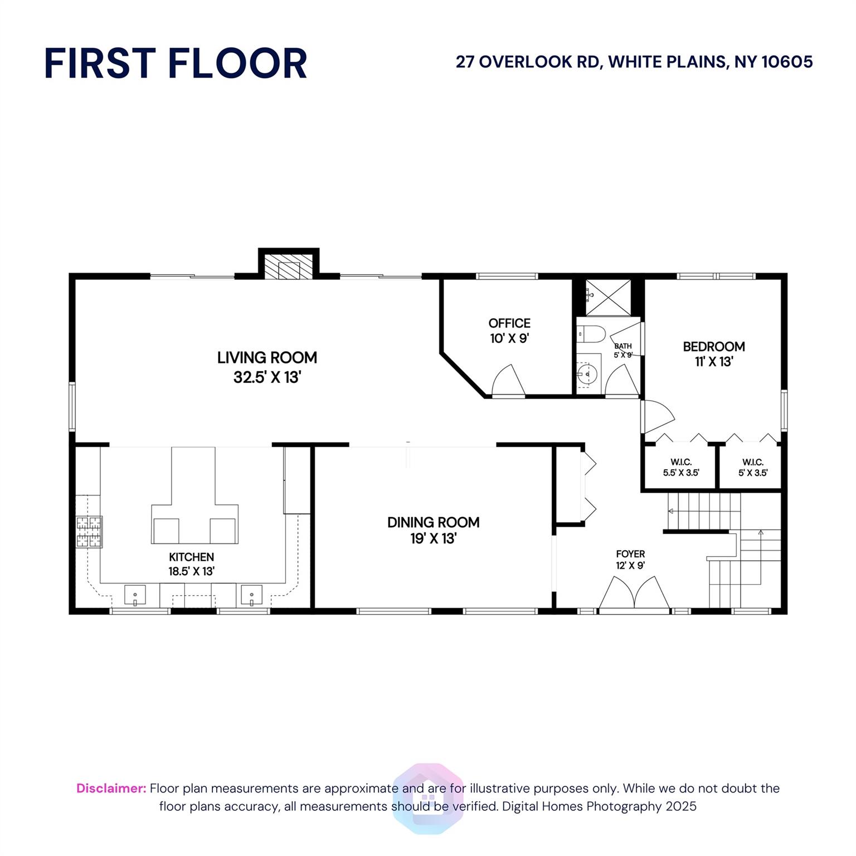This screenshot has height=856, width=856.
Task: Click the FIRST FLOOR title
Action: pyautogui.click(x=176, y=63)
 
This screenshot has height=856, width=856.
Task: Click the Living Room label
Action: pyautogui.click(x=267, y=367)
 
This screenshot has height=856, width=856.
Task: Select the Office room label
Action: pyautogui.click(x=509, y=330)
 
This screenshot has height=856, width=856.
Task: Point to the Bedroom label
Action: pyautogui.click(x=714, y=354)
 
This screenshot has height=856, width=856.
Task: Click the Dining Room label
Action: pyautogui.click(x=434, y=530)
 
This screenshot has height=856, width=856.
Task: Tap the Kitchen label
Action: pyautogui.click(x=191, y=564)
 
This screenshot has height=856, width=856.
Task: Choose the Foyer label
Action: pyautogui.click(x=630, y=560)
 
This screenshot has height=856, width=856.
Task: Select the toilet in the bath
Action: pyautogui.click(x=591, y=334)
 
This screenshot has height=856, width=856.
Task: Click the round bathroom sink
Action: pyautogui.click(x=586, y=372)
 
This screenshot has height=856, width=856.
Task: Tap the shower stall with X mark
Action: pyautogui.click(x=608, y=299)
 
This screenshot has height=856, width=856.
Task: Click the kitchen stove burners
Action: pyautogui.click(x=89, y=532)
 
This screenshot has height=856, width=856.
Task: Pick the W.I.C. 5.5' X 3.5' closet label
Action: pyautogui.click(x=681, y=468)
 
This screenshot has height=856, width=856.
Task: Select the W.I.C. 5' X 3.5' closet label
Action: pyautogui.click(x=753, y=468)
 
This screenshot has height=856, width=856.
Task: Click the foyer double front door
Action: pyautogui.click(x=634, y=594)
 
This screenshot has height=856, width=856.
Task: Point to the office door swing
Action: pyautogui.click(x=508, y=380)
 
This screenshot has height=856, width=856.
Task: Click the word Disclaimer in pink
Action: pyautogui.click(x=111, y=788)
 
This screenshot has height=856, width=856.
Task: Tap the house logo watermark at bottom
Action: pyautogui.click(x=428, y=798)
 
